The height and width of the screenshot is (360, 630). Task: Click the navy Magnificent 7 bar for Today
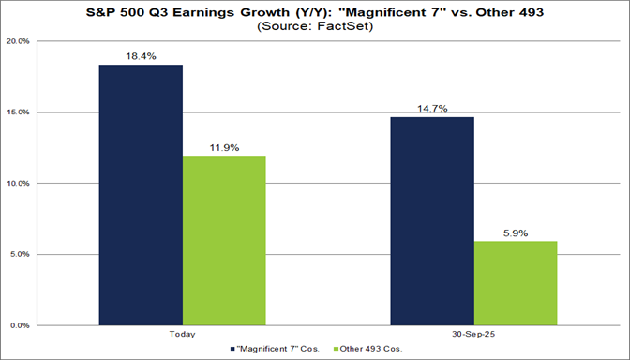141,195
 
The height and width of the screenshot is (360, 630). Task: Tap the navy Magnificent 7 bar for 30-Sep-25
433,221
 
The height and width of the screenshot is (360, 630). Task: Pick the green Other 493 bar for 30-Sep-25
517,283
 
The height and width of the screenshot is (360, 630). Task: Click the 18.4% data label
141,56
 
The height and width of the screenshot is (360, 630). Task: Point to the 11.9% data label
224,147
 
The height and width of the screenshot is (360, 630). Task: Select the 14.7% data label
433,109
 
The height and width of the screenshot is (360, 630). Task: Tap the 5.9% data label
517,232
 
